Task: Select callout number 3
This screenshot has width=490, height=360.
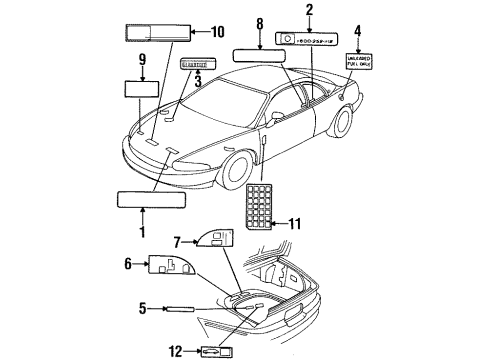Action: (198, 83)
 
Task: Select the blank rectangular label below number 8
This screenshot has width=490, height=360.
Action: (259, 55)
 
